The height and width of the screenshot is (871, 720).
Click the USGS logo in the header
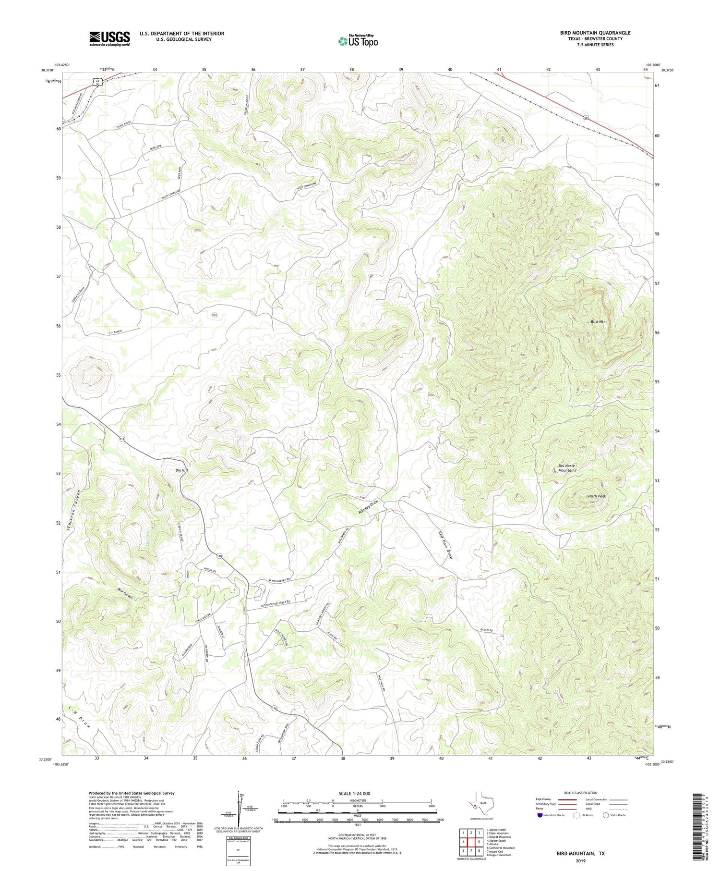coord(109,38)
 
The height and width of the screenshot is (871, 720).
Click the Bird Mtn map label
coord(598,322)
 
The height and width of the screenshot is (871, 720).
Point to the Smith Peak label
coord(596,496)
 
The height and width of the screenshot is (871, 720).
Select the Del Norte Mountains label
coord(567,468)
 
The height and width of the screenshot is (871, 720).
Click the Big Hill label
coord(181,470)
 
